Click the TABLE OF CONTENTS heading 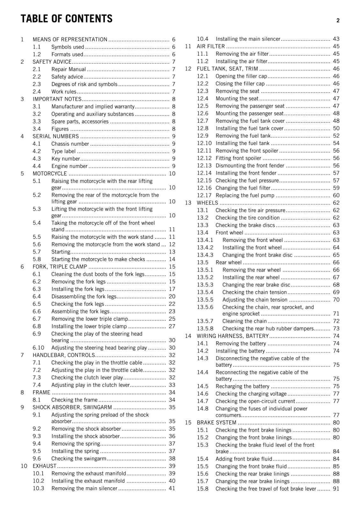point(67,19)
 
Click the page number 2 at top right point(338,21)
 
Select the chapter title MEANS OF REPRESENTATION point(70,40)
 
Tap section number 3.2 point(37,114)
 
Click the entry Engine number point(69,166)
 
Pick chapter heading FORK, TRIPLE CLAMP point(60,267)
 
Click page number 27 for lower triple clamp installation point(172,326)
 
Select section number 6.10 point(38,348)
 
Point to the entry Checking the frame point(74,400)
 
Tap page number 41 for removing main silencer point(172,488)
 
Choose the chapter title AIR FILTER point(211,47)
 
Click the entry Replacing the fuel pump point(245,195)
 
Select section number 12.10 point(204,143)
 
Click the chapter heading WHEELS point(207,203)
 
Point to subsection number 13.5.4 point(205,292)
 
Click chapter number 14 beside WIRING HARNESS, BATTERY point(188,336)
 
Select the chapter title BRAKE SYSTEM point(216,423)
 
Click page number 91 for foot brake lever point(336,489)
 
